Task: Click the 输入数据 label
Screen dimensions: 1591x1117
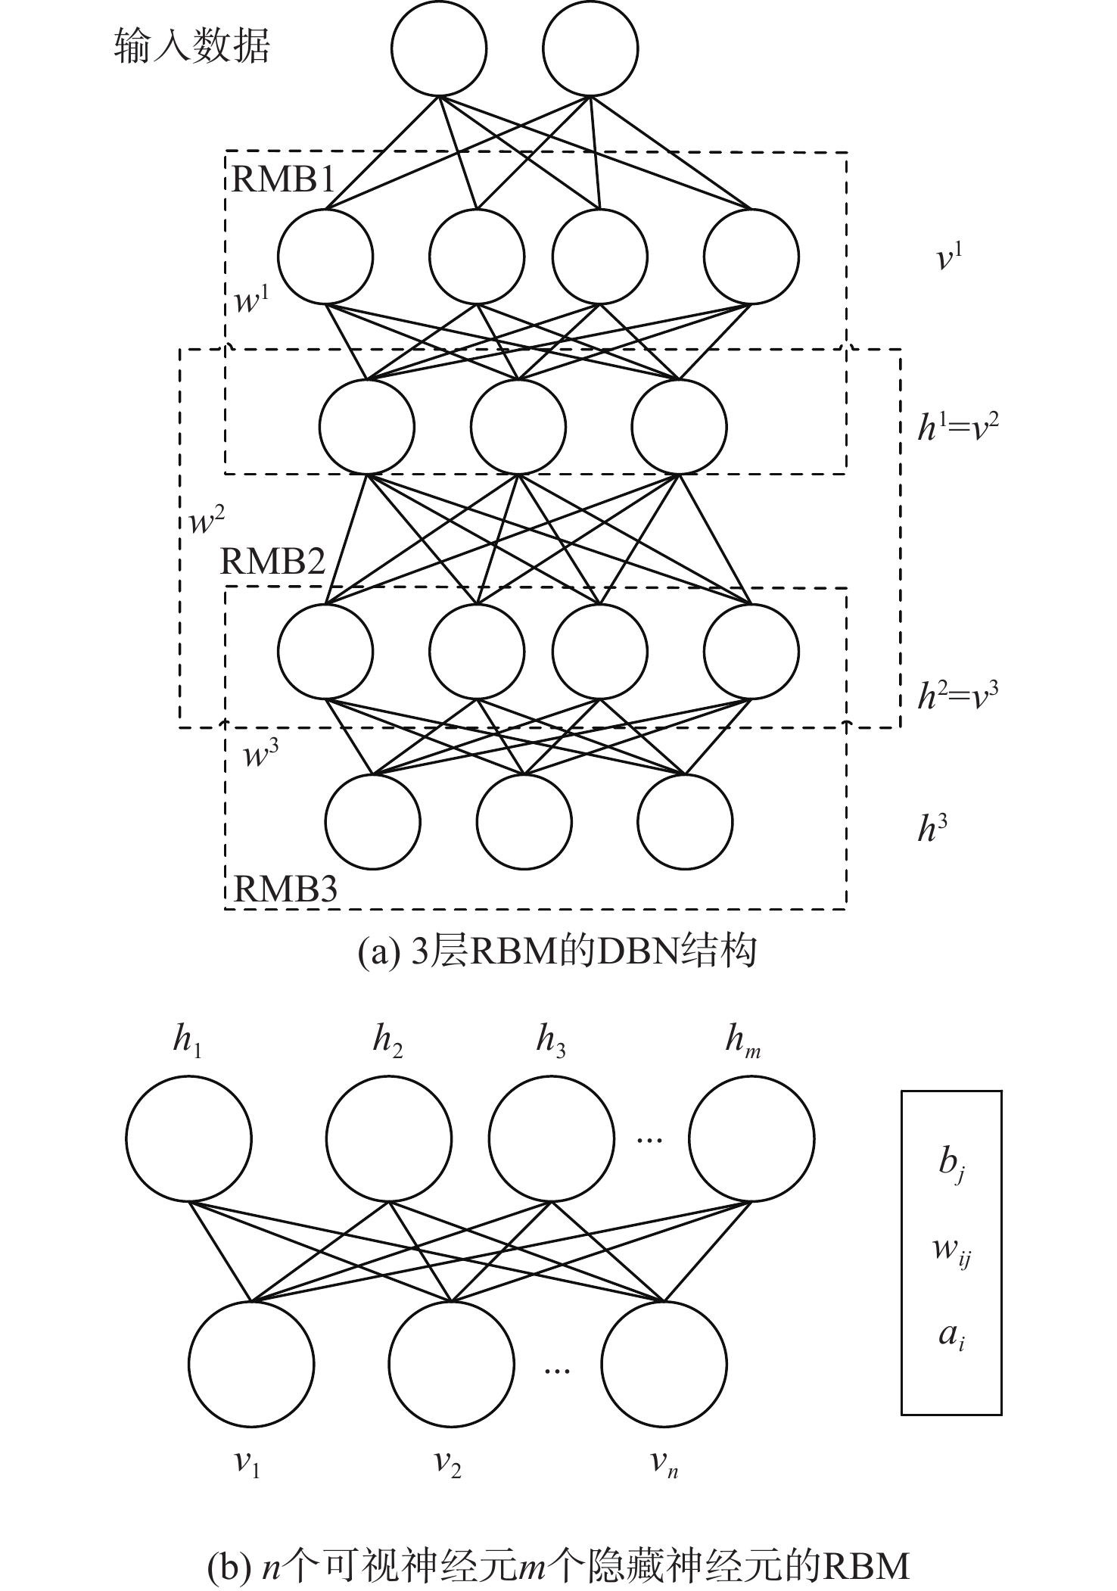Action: point(191,47)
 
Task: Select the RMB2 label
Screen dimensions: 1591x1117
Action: point(272,562)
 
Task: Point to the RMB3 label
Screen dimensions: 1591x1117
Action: point(285,888)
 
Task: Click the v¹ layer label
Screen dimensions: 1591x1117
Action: point(949,258)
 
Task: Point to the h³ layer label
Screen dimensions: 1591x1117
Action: point(932,829)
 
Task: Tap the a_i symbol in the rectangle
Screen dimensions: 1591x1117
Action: point(951,1335)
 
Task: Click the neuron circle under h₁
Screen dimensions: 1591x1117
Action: point(188,1138)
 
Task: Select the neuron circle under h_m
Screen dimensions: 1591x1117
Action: point(751,1138)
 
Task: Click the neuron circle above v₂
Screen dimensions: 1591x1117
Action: point(452,1364)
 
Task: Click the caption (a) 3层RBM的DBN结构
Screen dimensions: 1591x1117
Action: point(557,952)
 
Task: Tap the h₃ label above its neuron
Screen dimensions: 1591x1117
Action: point(551,1042)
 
